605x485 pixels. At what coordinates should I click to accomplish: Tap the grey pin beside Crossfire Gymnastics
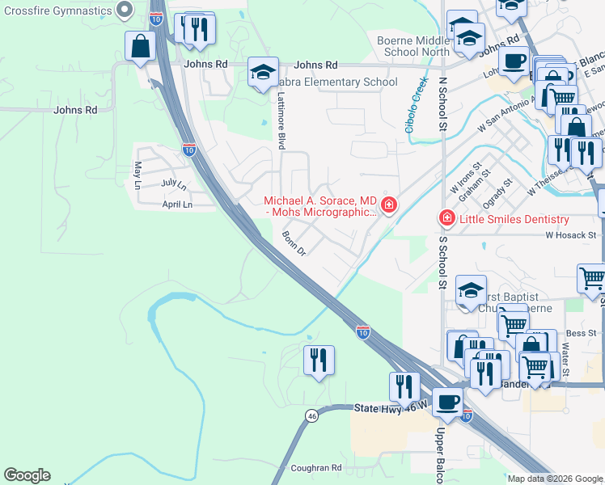point(124,11)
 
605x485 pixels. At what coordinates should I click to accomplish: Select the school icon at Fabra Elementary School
point(262,72)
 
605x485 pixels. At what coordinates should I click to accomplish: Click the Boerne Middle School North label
point(413,46)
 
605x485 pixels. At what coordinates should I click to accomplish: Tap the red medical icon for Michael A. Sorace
point(389,206)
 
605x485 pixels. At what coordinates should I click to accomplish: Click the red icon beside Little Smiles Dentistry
point(446,219)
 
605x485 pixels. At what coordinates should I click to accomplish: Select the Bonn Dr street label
point(294,243)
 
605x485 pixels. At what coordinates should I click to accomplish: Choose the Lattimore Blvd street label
point(281,119)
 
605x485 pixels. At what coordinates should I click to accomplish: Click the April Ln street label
point(177,205)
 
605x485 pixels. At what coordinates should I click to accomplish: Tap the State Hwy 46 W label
point(384,409)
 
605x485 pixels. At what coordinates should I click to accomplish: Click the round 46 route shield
point(311,415)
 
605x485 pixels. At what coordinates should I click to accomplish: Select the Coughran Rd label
point(316,467)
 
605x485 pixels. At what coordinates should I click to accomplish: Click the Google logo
point(27,475)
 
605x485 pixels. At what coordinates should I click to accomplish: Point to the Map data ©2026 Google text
point(555,479)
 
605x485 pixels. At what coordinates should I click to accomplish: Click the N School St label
point(442,103)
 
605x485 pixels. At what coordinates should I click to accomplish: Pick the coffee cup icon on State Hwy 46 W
point(446,402)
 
